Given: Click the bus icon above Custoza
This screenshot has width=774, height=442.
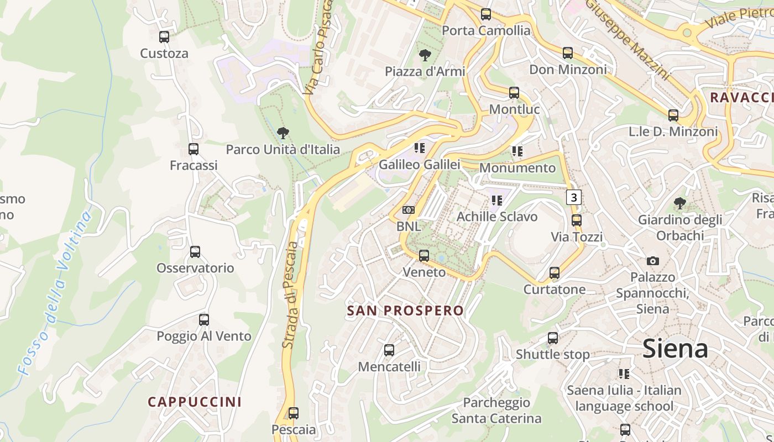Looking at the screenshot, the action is [164, 37].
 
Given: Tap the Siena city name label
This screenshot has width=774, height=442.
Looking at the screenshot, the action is [675, 349].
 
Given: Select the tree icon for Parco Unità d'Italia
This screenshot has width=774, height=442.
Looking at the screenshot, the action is [283, 133].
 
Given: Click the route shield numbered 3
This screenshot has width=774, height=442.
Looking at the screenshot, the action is [574, 197].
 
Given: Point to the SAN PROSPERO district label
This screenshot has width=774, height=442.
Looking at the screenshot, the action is [405, 311].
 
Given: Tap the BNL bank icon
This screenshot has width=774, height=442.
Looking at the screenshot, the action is [409, 210].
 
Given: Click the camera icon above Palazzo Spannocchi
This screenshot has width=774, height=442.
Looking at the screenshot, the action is [653, 261].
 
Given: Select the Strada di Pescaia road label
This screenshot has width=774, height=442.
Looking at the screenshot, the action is [290, 295].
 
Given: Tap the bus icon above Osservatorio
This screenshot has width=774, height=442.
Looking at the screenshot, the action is [195, 252].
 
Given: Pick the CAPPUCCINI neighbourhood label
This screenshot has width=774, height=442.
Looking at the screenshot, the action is [195, 402].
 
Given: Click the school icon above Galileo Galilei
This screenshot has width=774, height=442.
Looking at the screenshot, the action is [420, 148].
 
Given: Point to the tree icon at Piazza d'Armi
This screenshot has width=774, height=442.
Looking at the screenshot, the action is [425, 55].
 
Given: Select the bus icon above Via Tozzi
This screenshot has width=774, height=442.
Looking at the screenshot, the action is [577, 220].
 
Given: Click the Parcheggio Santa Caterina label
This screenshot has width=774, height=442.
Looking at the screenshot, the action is [496, 411].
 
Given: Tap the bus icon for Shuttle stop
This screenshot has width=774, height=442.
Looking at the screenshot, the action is [553, 338].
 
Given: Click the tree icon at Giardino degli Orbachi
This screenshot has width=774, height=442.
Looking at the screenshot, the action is [680, 203].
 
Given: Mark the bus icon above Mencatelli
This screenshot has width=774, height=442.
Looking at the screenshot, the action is [389, 350].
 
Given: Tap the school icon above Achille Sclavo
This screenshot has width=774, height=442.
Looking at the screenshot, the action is [496, 200].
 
